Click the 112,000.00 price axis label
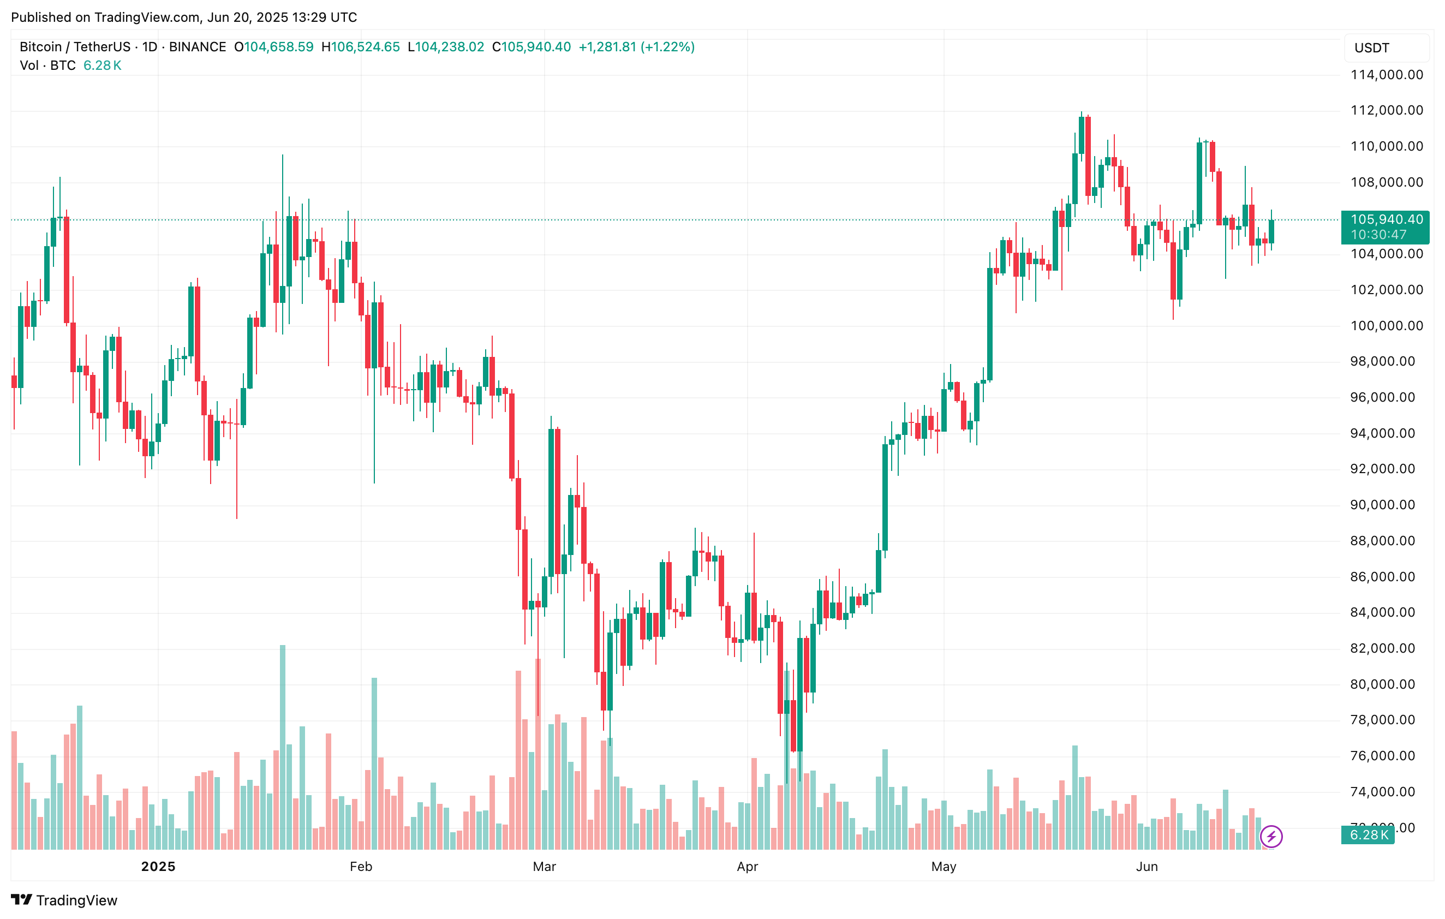pos(1386,110)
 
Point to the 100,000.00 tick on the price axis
pos(1386,326)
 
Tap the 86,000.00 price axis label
pos(1386,577)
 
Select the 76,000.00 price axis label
pos(1386,756)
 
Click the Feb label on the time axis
pos(361,866)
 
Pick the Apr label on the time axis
pos(747,866)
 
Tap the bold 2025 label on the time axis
pos(158,866)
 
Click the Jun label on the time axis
pos(1146,866)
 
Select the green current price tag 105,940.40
pos(1385,220)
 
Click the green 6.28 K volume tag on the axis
pos(1368,835)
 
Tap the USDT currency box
pos(1386,48)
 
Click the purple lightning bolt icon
pos(1271,836)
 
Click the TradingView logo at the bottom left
pos(64,900)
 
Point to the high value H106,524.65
pos(361,47)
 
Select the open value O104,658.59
pos(273,47)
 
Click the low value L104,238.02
pos(446,47)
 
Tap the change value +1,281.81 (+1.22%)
pos(636,47)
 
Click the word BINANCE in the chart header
pos(198,47)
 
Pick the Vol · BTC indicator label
pos(47,65)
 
